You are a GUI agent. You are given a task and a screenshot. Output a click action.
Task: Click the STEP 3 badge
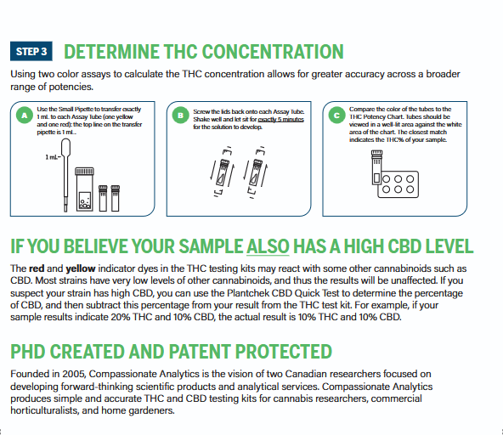click(x=31, y=51)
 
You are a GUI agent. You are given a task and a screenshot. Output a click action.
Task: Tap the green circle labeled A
click(x=25, y=116)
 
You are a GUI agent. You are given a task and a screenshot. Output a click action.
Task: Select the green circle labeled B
click(x=181, y=116)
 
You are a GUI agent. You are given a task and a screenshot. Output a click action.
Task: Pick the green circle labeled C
click(x=336, y=116)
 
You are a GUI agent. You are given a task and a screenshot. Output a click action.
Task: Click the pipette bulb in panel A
click(x=65, y=147)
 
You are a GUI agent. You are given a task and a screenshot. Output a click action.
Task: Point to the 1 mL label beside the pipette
click(x=52, y=157)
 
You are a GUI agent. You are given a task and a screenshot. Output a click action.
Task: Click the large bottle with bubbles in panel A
click(x=85, y=189)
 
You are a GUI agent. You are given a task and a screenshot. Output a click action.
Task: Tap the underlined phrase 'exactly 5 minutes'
click(x=280, y=119)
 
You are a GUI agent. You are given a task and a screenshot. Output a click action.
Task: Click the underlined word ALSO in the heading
click(x=268, y=246)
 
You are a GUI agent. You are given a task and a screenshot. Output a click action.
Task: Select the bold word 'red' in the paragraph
click(x=37, y=268)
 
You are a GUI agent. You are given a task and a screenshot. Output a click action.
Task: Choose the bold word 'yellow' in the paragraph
click(x=81, y=268)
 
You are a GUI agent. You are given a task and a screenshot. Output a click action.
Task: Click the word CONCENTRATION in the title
click(x=273, y=51)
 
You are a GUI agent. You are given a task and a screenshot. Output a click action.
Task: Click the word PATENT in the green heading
click(x=198, y=352)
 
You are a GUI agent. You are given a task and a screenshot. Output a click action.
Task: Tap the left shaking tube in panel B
click(x=222, y=172)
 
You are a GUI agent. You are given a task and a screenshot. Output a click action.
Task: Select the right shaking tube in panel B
click(x=256, y=172)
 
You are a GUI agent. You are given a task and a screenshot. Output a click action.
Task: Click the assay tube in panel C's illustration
click(x=376, y=167)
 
